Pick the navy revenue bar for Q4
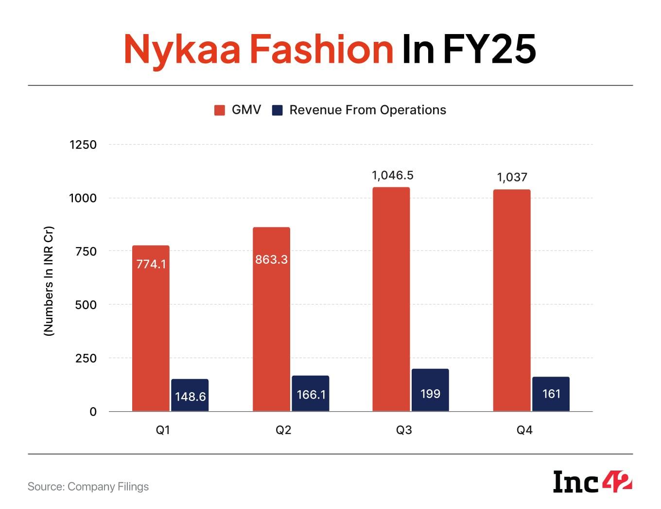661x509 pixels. point(551,394)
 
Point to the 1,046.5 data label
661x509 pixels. point(393,176)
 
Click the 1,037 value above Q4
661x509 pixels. point(512,178)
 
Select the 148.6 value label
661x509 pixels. point(190,397)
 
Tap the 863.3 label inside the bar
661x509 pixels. point(271,259)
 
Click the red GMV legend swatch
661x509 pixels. point(220,110)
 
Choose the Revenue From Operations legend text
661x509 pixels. point(367,110)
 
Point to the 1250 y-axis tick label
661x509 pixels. point(83,145)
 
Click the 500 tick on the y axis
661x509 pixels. point(86,305)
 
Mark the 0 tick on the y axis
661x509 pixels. point(93,412)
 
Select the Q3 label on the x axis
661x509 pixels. point(404,430)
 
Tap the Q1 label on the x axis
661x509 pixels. point(163,430)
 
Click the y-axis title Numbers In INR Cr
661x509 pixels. point(49,281)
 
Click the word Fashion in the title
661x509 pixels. point(321,49)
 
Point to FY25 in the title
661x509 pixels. point(489,49)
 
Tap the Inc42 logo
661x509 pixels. point(592,482)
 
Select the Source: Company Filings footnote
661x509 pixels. point(88,487)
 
